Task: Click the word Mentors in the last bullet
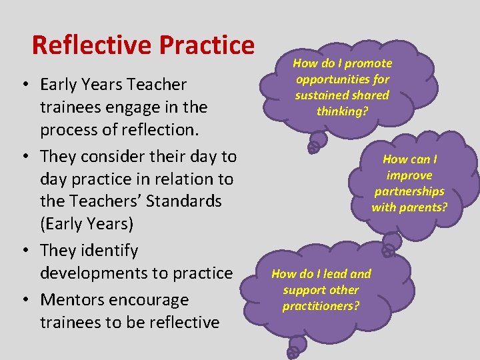point(71,300)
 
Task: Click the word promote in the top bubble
point(367,63)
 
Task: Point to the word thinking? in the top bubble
point(342,111)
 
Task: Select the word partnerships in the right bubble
point(409,191)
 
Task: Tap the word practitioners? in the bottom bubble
point(320,306)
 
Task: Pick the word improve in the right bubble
point(409,175)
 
